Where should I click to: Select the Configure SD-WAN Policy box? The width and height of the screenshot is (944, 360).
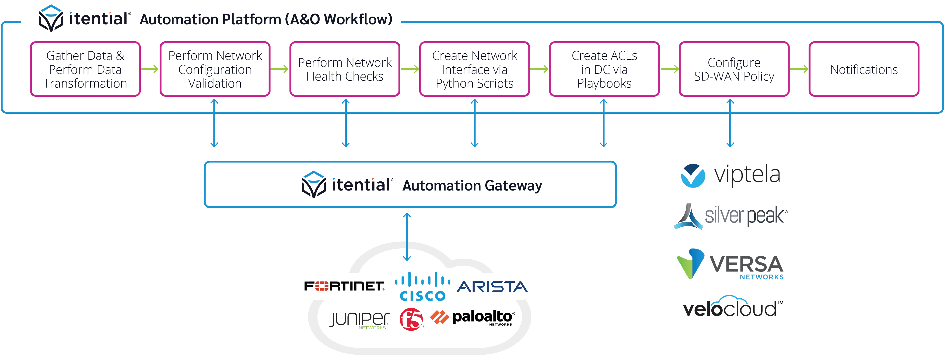(x=734, y=69)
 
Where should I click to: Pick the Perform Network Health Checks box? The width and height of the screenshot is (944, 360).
(x=344, y=69)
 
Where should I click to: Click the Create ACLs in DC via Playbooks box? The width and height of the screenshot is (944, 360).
(x=604, y=69)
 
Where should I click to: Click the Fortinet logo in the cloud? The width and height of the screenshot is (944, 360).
(x=344, y=286)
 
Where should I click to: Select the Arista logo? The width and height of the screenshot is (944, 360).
(x=492, y=287)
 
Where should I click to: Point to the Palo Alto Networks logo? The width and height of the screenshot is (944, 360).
(x=473, y=318)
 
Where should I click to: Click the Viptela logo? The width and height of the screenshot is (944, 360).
(x=730, y=175)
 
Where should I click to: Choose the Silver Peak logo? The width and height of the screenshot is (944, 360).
(x=730, y=216)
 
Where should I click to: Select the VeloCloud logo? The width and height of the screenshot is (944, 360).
(x=732, y=307)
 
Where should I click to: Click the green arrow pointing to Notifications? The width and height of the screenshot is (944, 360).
(x=799, y=69)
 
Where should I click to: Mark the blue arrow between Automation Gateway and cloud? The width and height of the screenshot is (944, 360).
(x=407, y=237)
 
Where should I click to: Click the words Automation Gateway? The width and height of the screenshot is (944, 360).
(x=472, y=186)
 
